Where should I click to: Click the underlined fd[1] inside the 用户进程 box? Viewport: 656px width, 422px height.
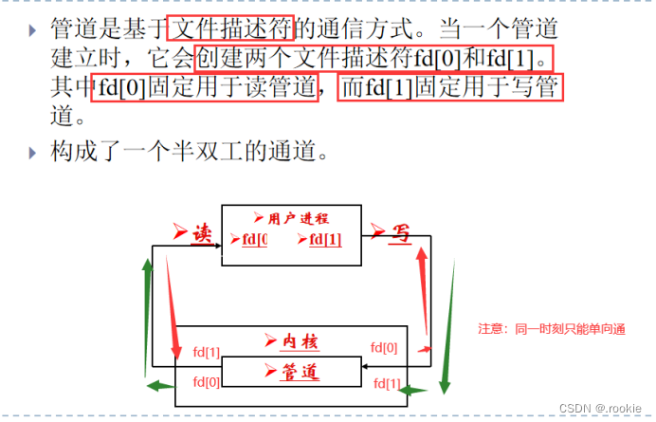click(324, 239)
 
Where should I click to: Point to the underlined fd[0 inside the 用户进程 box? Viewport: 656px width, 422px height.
click(254, 239)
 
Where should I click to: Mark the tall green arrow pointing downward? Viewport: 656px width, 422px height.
click(447, 322)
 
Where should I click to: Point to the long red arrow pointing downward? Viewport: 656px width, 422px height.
click(173, 303)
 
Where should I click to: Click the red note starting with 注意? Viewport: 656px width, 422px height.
click(552, 329)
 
